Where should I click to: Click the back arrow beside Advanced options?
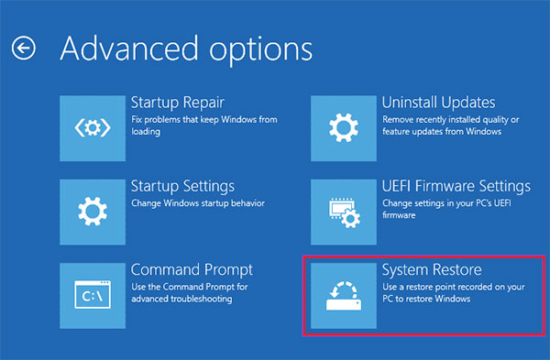[x=23, y=48]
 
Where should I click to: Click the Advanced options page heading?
[x=186, y=48]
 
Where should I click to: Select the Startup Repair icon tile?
[x=92, y=125]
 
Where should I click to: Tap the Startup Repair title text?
[x=178, y=102]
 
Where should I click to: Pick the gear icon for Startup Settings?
[x=92, y=211]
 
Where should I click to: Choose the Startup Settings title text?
[x=182, y=187]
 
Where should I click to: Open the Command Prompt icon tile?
[x=92, y=295]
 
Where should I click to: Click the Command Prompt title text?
[x=192, y=271]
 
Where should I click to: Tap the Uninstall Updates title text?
[x=438, y=102]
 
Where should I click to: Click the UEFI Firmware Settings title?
[x=456, y=187]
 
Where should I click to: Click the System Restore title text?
[x=431, y=271]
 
